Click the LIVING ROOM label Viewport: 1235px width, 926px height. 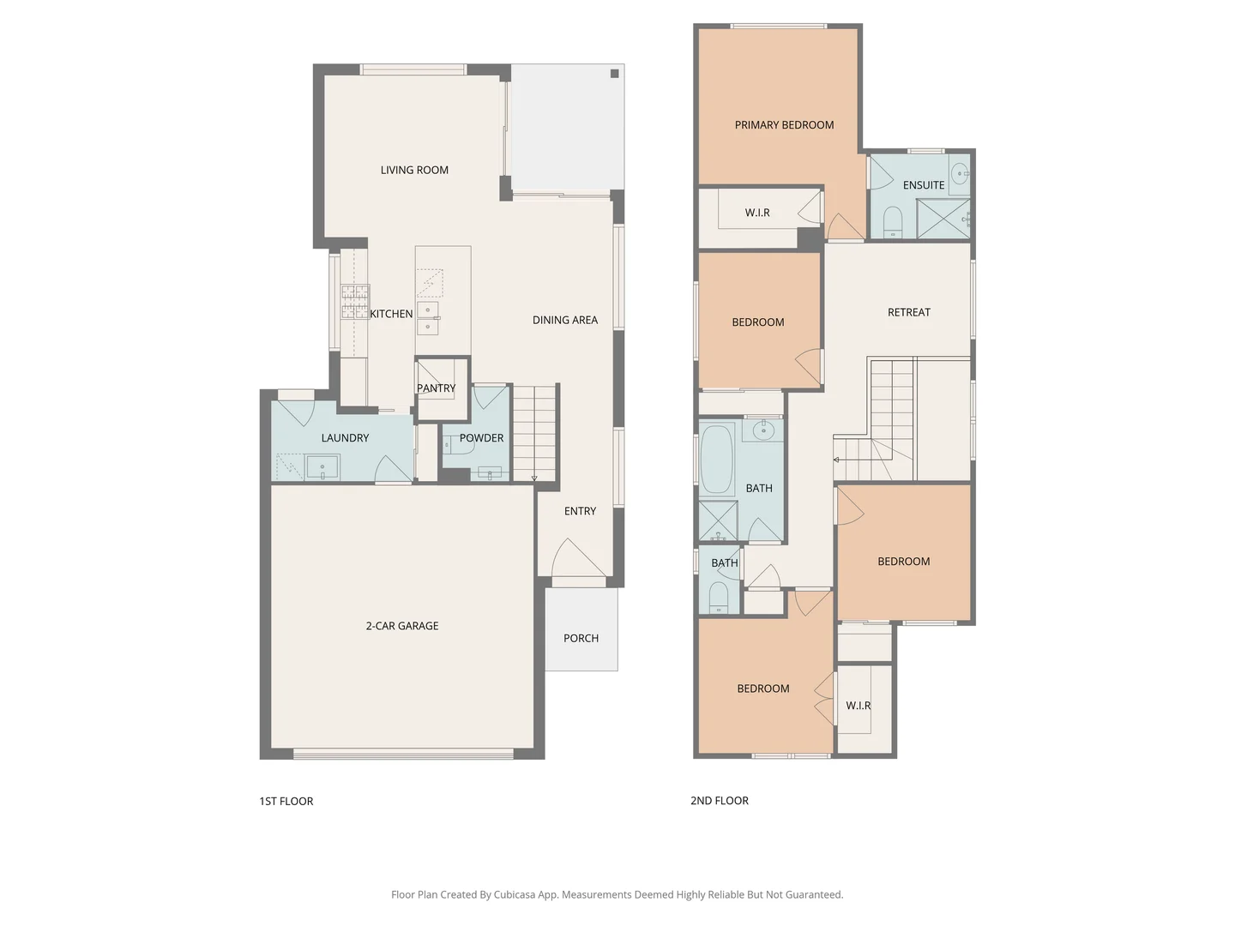point(414,170)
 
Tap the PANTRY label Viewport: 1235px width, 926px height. point(436,388)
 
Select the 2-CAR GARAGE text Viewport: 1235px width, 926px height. point(401,626)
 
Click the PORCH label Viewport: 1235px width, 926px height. point(581,638)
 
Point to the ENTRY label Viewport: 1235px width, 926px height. point(580,511)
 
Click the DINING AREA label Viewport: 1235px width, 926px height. point(564,320)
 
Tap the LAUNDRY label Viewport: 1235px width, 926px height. point(345,438)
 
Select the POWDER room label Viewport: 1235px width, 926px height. point(481,438)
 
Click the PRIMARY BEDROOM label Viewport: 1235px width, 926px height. point(784,125)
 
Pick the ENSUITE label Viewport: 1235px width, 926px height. point(923,185)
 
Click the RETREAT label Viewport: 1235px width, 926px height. point(908,312)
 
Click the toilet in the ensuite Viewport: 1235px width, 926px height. point(893,220)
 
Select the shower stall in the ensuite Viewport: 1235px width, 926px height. point(943,219)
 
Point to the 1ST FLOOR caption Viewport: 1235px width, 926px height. point(286,801)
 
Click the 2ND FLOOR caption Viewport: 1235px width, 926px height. point(719,801)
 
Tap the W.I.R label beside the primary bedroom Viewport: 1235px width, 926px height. point(756,213)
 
